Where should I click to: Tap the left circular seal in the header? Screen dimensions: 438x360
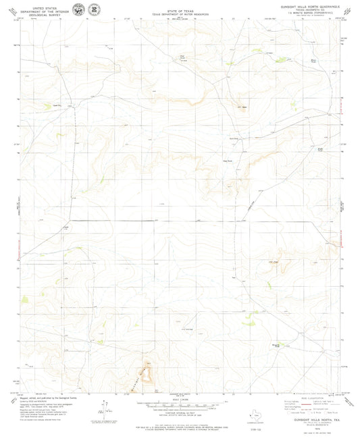point(80,9)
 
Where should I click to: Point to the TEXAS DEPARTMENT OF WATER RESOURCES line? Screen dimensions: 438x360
point(180,13)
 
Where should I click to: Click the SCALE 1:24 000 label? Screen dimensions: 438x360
point(180,399)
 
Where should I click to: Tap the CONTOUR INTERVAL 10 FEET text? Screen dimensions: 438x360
point(180,412)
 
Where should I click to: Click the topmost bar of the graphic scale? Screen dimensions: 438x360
point(180,402)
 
